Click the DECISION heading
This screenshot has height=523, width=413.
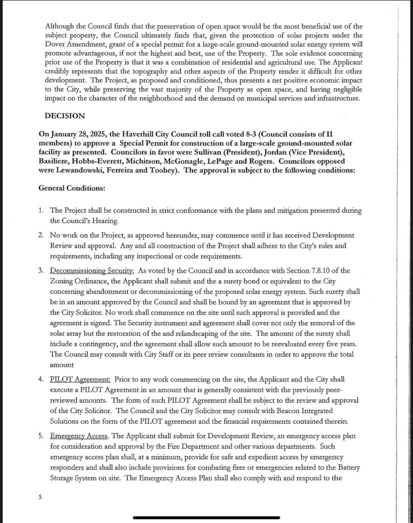[64, 116]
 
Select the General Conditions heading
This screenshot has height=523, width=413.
[72, 188]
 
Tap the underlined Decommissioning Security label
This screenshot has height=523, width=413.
[92, 270]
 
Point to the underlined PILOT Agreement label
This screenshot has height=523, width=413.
[80, 379]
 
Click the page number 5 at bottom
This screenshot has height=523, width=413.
[40, 496]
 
